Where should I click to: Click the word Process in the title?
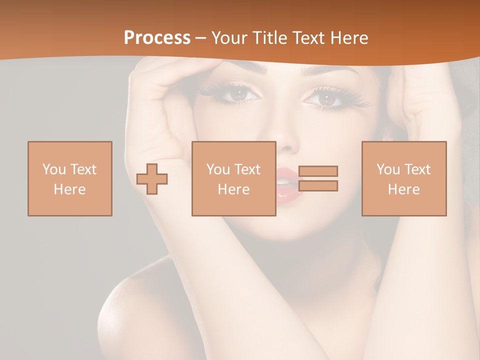(x=157, y=38)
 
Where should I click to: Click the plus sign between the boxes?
(x=152, y=178)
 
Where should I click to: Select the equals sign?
(x=318, y=178)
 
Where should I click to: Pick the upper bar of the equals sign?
(x=318, y=171)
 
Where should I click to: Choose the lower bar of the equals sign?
(x=318, y=186)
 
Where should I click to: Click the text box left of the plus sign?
(x=70, y=178)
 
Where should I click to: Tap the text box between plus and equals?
(x=233, y=178)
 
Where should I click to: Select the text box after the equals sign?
(x=404, y=178)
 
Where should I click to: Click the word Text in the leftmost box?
(x=83, y=169)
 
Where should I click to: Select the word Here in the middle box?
(x=233, y=189)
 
